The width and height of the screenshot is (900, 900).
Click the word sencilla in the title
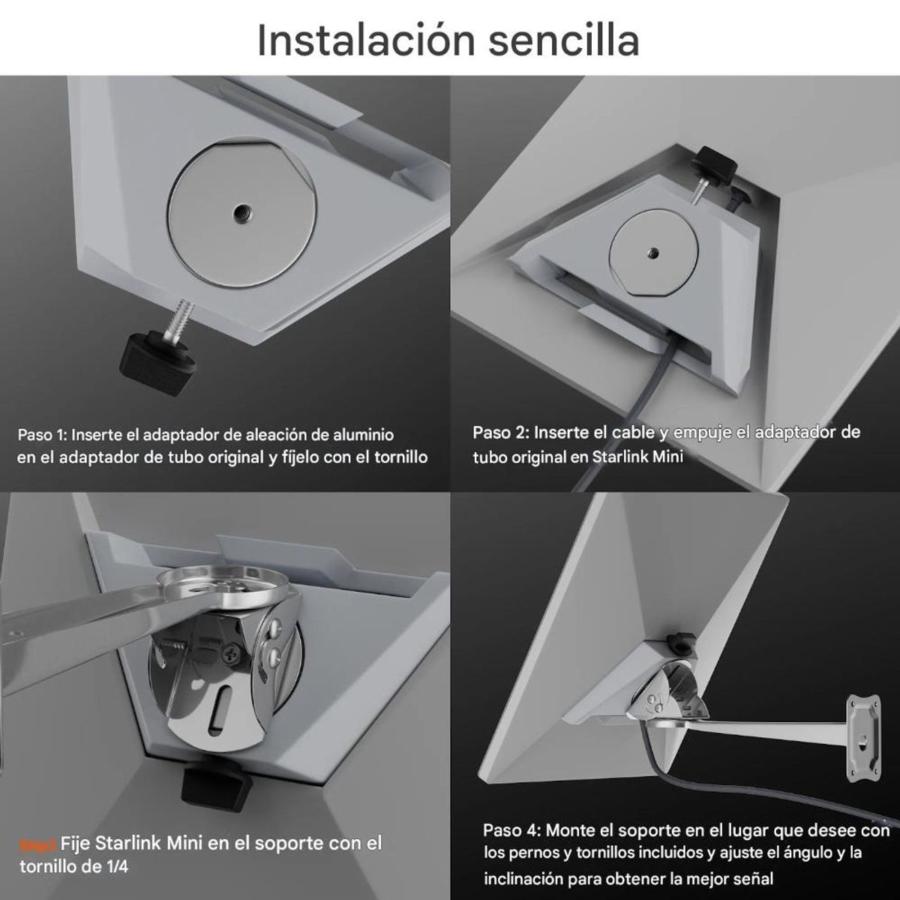(x=564, y=40)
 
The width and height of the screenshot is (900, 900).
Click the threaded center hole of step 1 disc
(x=241, y=211)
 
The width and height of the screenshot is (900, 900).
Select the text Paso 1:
(x=43, y=434)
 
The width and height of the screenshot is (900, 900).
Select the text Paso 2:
(x=500, y=433)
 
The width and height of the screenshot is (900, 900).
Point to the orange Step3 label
(x=37, y=844)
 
